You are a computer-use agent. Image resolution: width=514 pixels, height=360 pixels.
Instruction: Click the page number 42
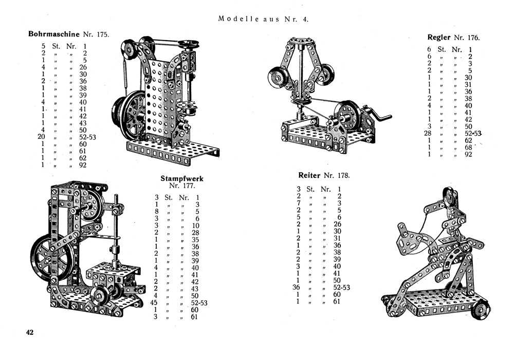30,333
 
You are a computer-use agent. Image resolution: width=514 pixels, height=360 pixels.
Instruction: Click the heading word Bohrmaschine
53,34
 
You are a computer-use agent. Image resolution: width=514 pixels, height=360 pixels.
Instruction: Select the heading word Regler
439,37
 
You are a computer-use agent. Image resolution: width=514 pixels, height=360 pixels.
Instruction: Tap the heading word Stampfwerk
182,178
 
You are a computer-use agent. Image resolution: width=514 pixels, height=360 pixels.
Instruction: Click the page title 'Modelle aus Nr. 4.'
263,19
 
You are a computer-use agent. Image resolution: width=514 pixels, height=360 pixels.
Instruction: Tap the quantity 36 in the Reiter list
296,287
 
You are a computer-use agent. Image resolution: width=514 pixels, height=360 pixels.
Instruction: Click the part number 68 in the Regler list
468,148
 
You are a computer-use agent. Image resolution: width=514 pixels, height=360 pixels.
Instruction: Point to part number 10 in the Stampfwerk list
196,226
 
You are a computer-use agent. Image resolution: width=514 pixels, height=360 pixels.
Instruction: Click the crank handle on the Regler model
382,116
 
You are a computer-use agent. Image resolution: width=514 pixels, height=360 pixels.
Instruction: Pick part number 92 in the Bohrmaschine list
82,165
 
